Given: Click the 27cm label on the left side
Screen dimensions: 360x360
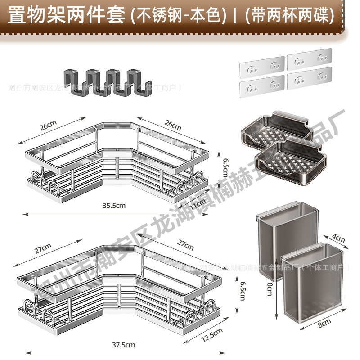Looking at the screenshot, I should point(42,248).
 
